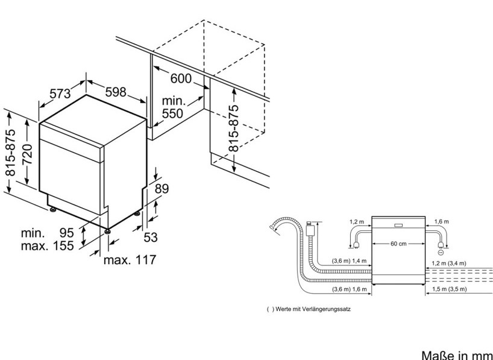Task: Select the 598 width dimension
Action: [x=115, y=92]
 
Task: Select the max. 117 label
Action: [x=130, y=260]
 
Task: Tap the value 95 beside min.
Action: [x=66, y=233]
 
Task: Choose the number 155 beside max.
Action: [x=63, y=245]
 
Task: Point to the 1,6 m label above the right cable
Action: [x=442, y=222]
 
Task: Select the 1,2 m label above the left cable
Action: [x=356, y=222]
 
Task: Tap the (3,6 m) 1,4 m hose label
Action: [x=349, y=261]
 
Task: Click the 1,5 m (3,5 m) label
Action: [x=449, y=289]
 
